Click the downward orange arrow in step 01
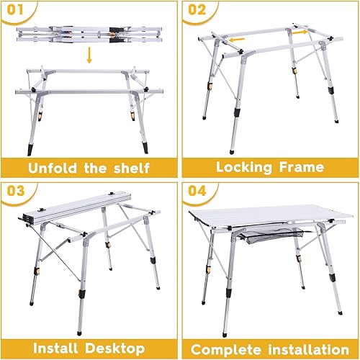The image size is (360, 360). point(89,55)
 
